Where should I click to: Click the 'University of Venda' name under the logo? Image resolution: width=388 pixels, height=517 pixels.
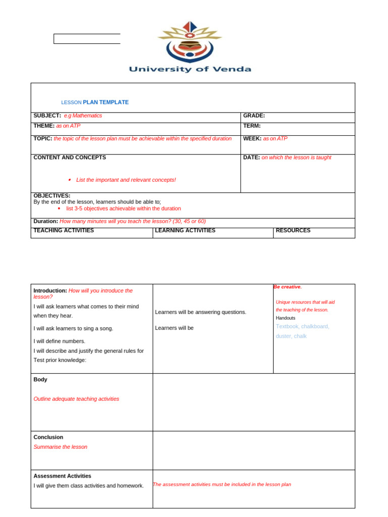(190, 69)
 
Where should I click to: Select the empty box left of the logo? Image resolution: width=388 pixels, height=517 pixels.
(87, 39)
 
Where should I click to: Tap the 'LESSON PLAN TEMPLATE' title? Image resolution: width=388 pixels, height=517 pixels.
(95, 102)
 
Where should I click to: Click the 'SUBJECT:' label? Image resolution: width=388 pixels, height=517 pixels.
(47, 116)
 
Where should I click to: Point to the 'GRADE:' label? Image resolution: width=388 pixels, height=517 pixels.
(254, 116)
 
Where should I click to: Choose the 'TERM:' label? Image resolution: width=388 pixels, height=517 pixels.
(252, 126)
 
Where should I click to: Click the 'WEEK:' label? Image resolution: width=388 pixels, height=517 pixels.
(252, 138)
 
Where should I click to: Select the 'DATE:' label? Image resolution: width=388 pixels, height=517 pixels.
(252, 158)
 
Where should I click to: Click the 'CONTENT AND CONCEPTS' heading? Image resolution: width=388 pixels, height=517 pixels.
(70, 158)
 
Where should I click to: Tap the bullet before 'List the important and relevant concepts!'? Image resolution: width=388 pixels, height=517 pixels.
(69, 180)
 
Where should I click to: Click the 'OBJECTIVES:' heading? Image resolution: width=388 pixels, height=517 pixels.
(52, 195)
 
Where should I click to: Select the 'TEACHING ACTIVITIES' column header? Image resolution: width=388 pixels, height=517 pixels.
(64, 230)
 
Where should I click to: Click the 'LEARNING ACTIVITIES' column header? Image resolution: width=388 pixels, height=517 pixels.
(185, 230)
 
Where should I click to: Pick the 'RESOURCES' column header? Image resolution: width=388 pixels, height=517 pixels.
(293, 230)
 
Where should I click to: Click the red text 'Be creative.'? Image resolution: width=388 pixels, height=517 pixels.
(287, 287)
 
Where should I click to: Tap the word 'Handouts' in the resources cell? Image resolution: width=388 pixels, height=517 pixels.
(285, 318)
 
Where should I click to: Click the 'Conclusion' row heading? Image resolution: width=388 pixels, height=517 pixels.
(48, 437)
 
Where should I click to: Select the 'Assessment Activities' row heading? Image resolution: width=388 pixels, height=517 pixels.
(62, 476)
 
